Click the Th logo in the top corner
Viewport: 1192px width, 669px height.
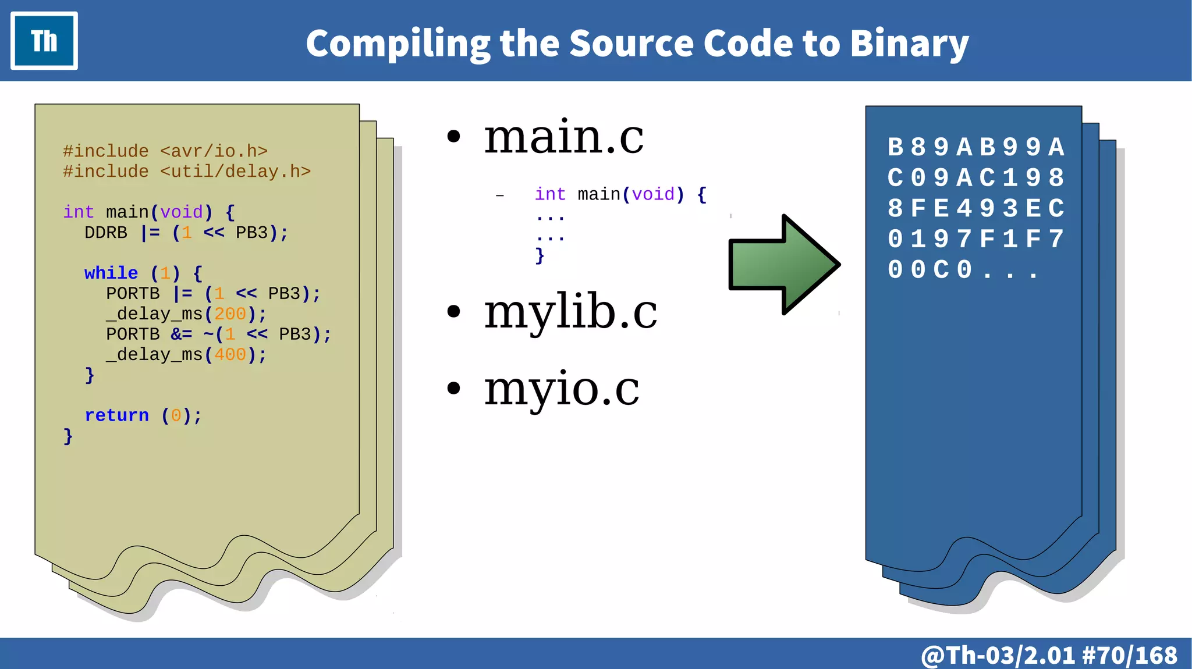coord(44,41)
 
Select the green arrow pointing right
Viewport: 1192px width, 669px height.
coord(783,265)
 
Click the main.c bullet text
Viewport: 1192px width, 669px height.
coord(563,137)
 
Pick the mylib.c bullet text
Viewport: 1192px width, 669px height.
coord(570,312)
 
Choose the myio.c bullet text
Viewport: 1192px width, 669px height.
coord(562,389)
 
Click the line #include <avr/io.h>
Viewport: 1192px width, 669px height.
coord(165,151)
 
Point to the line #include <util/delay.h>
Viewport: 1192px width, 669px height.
coord(187,172)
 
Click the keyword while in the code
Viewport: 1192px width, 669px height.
coord(111,273)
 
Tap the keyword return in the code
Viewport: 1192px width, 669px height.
coord(117,415)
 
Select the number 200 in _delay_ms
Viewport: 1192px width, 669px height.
coord(230,314)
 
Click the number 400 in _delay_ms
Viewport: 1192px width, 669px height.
coord(230,355)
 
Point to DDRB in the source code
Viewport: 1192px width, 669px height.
coord(106,233)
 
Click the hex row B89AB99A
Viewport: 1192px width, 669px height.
coord(975,147)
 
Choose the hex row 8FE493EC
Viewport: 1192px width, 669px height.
coord(975,208)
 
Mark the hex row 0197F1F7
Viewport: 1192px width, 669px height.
coord(975,239)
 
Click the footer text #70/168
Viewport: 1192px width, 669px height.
coord(1130,656)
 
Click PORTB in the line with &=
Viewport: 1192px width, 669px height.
coord(133,334)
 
